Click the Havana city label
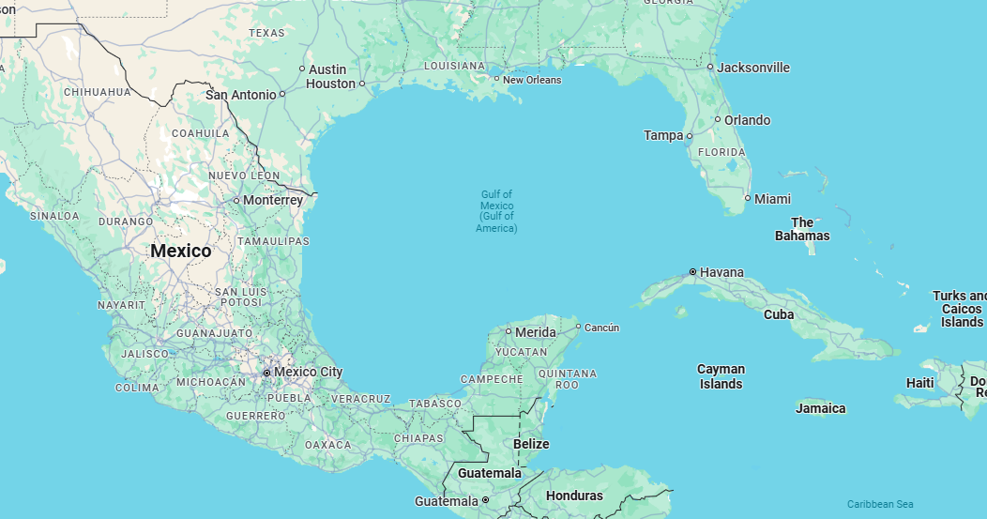pyautogui.click(x=722, y=272)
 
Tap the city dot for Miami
pyautogui.click(x=748, y=198)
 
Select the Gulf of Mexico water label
pyautogui.click(x=496, y=211)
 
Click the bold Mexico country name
pyautogui.click(x=181, y=251)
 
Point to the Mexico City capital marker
pyautogui.click(x=267, y=373)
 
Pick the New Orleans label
pyautogui.click(x=532, y=80)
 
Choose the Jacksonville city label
pyautogui.click(x=753, y=68)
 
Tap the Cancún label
pyautogui.click(x=601, y=328)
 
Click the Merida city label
pyautogui.click(x=536, y=331)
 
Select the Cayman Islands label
pyautogui.click(x=721, y=376)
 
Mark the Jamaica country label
pyautogui.click(x=821, y=408)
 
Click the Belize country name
pyautogui.click(x=531, y=444)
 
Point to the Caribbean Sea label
pyautogui.click(x=880, y=504)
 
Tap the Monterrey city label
pyautogui.click(x=273, y=200)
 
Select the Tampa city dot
pyautogui.click(x=690, y=136)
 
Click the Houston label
pyautogui.click(x=331, y=84)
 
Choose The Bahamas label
pyautogui.click(x=802, y=229)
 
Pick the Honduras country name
pyautogui.click(x=574, y=496)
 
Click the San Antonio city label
pyautogui.click(x=241, y=95)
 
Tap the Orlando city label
pyautogui.click(x=747, y=120)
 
